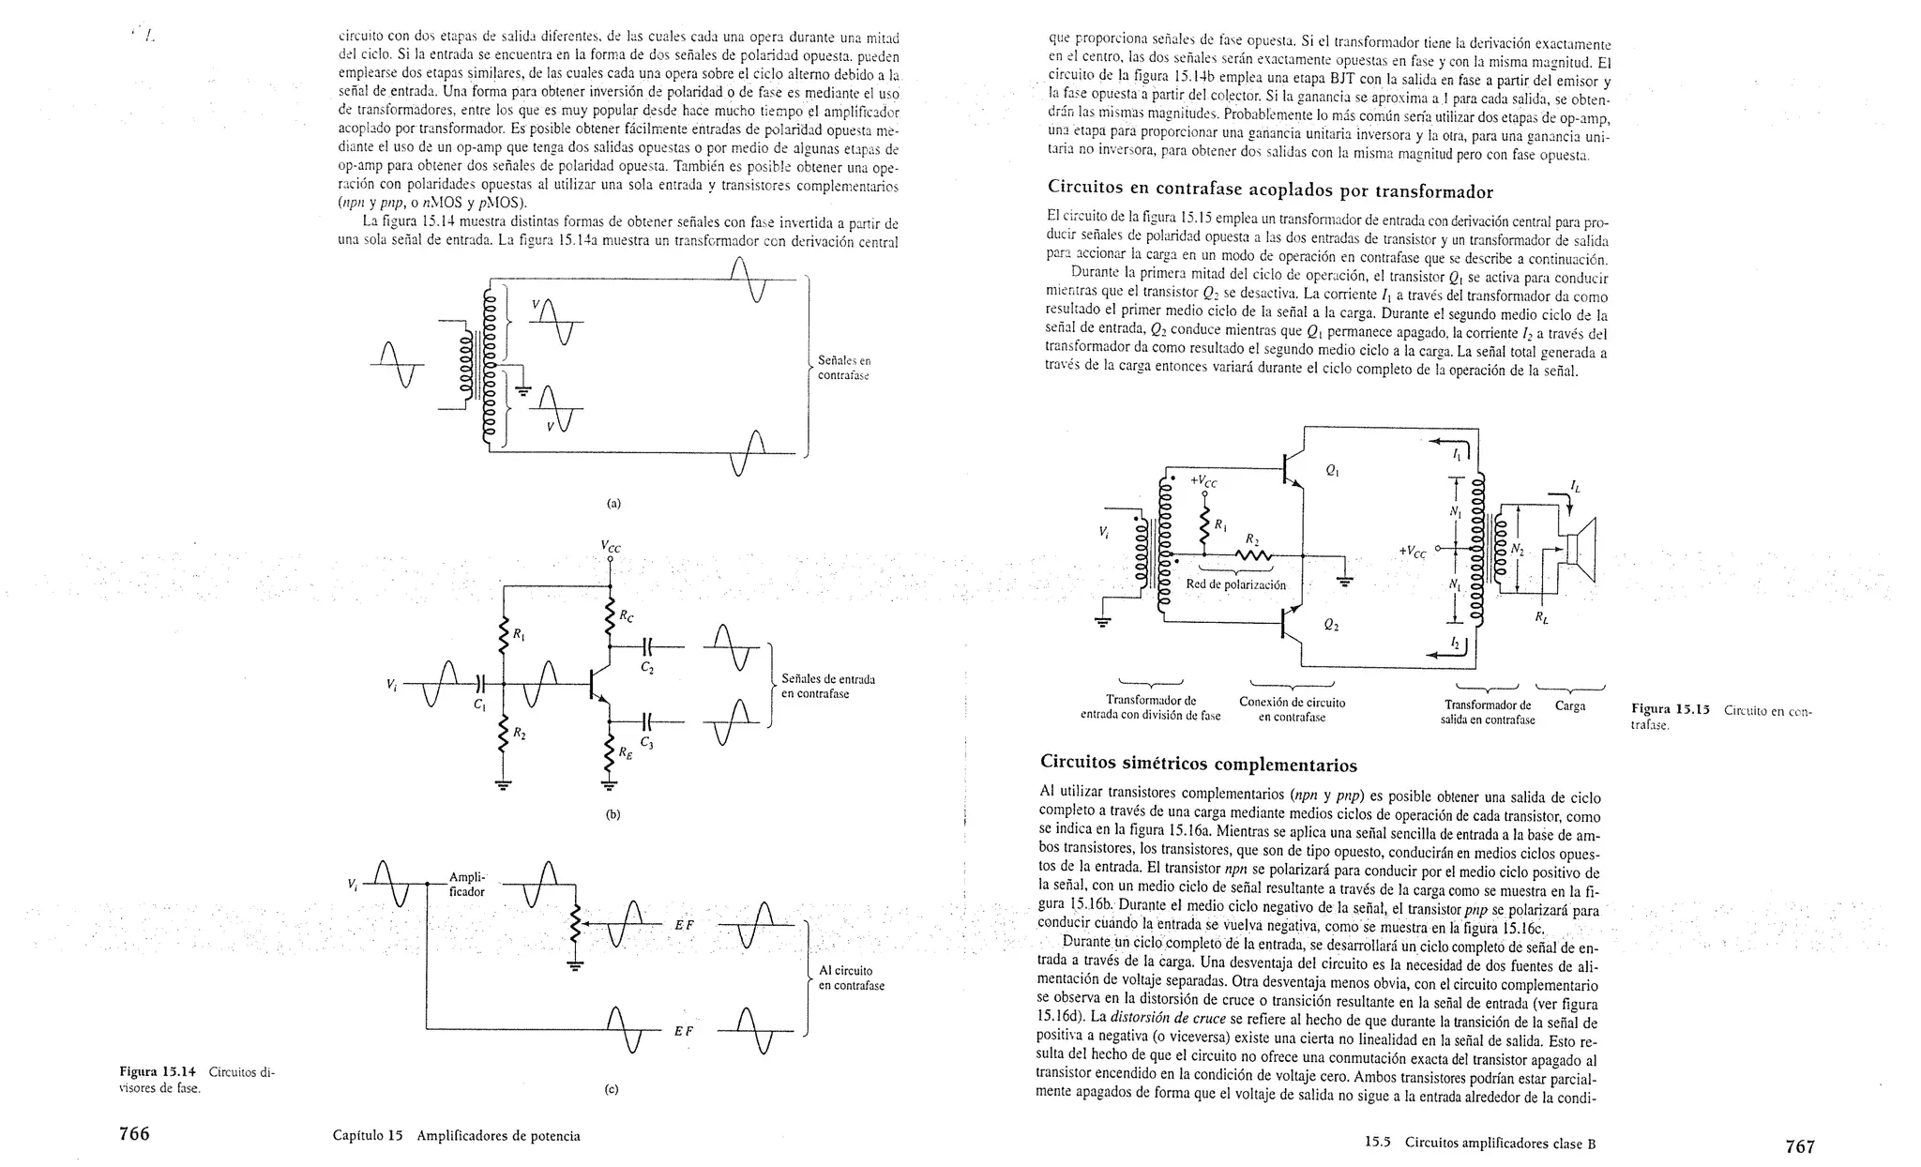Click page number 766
[133, 1133]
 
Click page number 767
[1800, 1145]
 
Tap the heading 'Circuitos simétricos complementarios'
[1199, 763]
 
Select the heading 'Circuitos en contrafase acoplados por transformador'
[1270, 191]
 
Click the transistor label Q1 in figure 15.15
[1332, 472]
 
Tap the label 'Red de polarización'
[1235, 584]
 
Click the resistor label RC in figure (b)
[626, 616]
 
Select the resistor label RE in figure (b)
[624, 753]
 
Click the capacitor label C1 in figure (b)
[480, 705]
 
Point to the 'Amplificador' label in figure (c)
[466, 885]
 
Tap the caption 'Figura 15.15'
[1671, 710]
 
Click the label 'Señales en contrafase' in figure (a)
[843, 368]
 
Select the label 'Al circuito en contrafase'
[851, 978]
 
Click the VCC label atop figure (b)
[611, 547]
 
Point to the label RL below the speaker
[1542, 617]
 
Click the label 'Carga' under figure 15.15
[1570, 705]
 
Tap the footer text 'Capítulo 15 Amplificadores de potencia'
[457, 1135]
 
